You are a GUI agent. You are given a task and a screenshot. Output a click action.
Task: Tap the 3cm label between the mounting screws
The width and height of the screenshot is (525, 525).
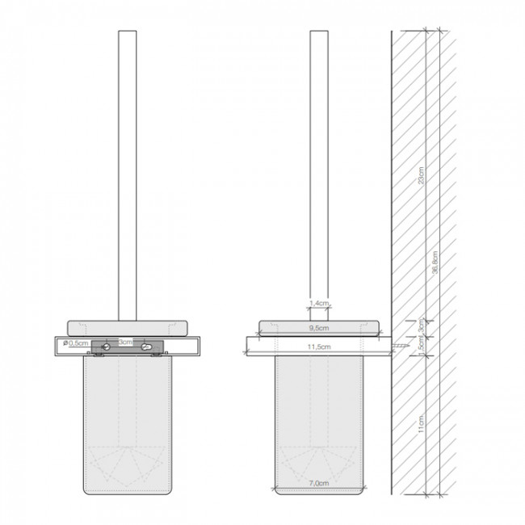tap(125, 342)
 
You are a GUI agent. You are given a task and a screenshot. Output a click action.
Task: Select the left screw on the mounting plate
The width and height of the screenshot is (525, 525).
tap(105, 346)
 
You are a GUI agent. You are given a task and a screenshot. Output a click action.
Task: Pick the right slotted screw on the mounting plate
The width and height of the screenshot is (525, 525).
tap(146, 346)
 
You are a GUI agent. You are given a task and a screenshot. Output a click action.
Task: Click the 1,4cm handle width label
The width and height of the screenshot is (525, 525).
tap(320, 303)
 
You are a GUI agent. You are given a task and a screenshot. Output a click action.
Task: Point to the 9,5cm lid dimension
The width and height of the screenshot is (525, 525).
tap(320, 329)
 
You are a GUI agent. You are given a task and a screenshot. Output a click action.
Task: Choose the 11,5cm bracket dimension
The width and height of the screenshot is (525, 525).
tap(320, 346)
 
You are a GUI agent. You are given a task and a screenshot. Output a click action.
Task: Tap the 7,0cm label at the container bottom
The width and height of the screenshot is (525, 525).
tap(320, 482)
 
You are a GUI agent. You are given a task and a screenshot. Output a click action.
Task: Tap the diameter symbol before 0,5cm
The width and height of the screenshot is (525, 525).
tap(63, 343)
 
